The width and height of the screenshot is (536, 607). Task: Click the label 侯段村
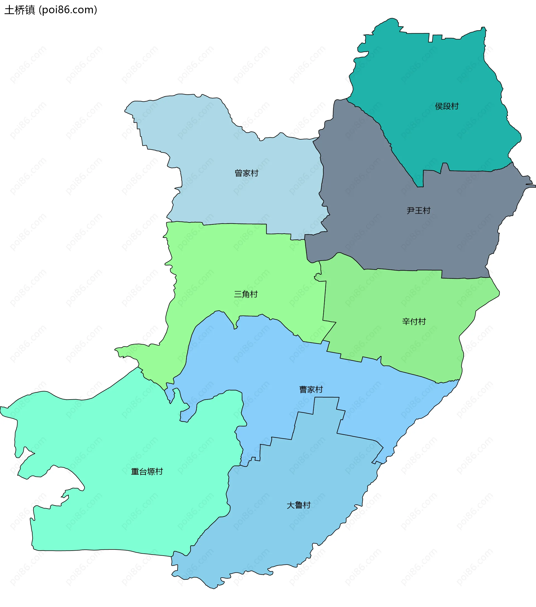click(447, 106)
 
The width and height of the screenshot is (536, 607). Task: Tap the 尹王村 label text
click(418, 211)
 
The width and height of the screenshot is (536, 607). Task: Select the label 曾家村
click(247, 173)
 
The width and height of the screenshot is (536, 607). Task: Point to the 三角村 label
click(246, 294)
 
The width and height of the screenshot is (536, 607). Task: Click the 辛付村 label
click(414, 321)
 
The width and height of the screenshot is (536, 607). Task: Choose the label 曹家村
click(311, 389)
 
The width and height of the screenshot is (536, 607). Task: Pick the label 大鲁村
click(298, 505)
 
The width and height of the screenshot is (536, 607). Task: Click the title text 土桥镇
click(20, 10)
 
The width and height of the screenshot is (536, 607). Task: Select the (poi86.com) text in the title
click(68, 10)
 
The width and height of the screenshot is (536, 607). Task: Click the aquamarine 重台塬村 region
click(119, 505)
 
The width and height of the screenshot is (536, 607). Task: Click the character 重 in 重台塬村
click(135, 471)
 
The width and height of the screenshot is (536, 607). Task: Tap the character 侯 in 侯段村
click(439, 106)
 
